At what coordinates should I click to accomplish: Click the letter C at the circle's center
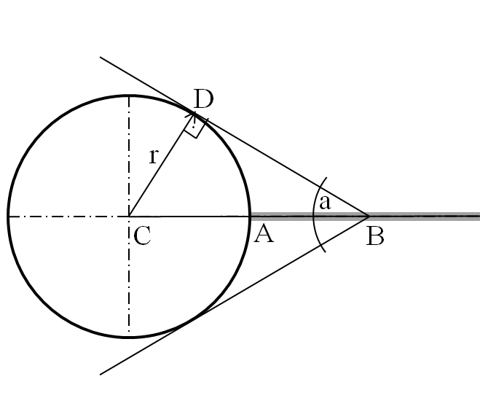click(x=143, y=235)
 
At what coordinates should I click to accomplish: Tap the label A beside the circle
click(x=263, y=234)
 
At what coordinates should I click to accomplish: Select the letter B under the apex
click(x=374, y=235)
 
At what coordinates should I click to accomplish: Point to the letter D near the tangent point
click(x=203, y=98)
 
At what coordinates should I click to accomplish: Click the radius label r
click(x=154, y=155)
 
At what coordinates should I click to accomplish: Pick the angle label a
click(x=325, y=203)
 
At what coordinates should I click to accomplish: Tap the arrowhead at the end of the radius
click(x=192, y=116)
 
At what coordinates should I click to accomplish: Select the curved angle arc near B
click(x=315, y=216)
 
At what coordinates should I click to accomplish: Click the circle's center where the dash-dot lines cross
click(x=129, y=217)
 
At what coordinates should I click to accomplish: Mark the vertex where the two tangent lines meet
click(x=369, y=216)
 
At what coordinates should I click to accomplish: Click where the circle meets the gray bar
click(x=250, y=216)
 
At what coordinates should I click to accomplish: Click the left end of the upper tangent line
click(x=101, y=57)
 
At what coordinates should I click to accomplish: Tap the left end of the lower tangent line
click(x=101, y=374)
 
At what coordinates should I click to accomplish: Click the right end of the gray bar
click(x=478, y=216)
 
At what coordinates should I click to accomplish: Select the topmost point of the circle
click(x=129, y=96)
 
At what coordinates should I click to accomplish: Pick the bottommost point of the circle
click(x=129, y=337)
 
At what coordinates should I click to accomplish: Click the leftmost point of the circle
click(x=8, y=217)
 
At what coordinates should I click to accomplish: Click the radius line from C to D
click(x=160, y=167)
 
